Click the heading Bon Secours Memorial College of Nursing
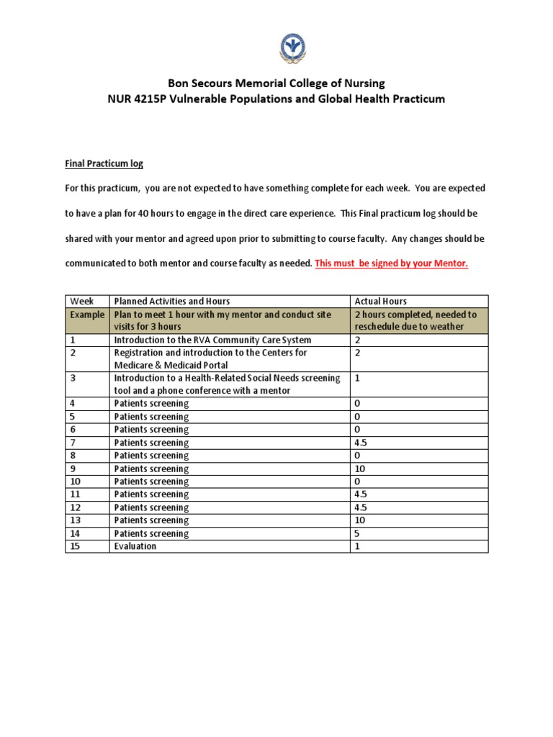coord(276,83)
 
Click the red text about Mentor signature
coord(391,263)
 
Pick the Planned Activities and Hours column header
coord(172,301)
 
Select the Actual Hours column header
coord(380,301)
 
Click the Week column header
coord(80,301)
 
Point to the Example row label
coord(86,315)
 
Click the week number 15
coord(75,546)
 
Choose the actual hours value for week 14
coord(358,533)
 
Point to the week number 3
coord(73,378)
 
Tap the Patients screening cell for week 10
coord(151,481)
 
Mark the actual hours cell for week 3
coord(358,378)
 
